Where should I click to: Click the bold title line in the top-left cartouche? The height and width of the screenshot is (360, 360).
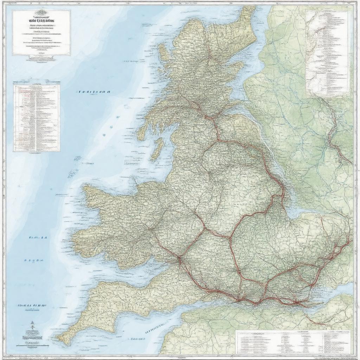(x=41, y=20)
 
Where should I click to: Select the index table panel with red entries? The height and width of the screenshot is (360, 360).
(x=37, y=118)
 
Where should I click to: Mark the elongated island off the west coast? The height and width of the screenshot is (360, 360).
(x=159, y=149)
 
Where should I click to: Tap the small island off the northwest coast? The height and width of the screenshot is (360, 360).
(x=163, y=52)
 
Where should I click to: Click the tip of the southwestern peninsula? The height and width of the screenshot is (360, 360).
(x=60, y=340)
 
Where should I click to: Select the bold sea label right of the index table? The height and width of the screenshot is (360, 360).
(x=92, y=92)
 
